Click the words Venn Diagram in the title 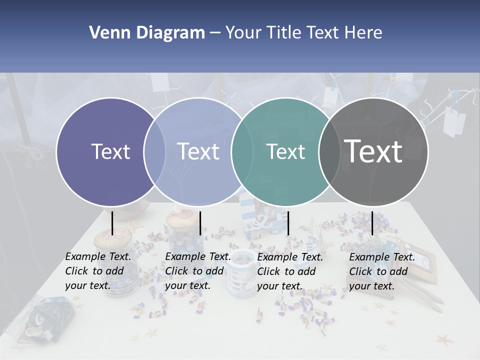tap(147, 33)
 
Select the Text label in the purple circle tap(110, 151)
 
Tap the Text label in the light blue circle tap(198, 151)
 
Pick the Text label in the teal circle tap(286, 151)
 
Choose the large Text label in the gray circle tap(373, 151)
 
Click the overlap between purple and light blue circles tap(154, 151)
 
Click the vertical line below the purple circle tap(112, 223)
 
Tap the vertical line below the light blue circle tap(200, 223)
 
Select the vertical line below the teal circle tap(288, 223)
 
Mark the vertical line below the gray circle tap(372, 223)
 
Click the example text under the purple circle tap(97, 271)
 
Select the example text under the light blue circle tap(197, 271)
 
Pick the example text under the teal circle tap(289, 271)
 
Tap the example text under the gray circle tap(381, 271)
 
